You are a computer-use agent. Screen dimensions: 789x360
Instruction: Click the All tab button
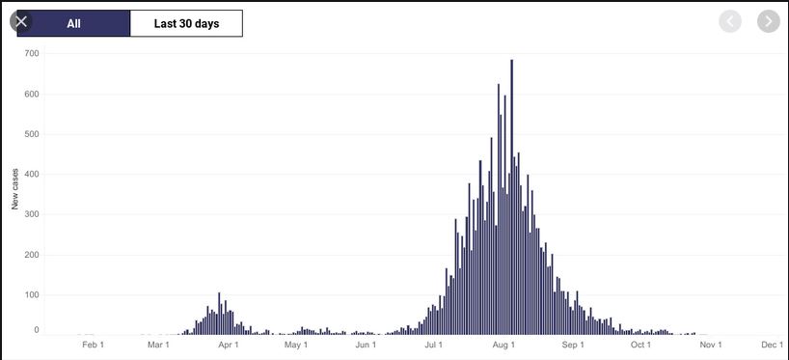(73, 24)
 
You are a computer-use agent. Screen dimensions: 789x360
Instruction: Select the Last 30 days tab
(186, 24)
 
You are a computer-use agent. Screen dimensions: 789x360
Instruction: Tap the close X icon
(21, 21)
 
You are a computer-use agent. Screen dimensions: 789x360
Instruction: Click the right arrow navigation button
(769, 21)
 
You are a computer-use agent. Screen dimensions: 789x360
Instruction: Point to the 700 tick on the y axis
(32, 53)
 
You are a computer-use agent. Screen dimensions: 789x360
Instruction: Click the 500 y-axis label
(32, 134)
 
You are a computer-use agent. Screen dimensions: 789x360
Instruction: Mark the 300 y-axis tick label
(32, 215)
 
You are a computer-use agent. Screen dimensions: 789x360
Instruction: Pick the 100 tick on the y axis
(32, 295)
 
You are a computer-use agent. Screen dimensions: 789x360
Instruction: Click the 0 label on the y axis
(37, 330)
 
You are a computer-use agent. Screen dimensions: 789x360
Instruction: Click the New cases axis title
(15, 189)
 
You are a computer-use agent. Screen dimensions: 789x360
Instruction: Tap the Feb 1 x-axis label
(94, 345)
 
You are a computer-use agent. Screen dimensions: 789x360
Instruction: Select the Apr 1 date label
(228, 345)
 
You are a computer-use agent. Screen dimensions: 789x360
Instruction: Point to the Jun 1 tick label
(366, 345)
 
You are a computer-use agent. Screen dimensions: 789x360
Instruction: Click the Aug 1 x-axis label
(503, 345)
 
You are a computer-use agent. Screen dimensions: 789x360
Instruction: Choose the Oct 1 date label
(641, 345)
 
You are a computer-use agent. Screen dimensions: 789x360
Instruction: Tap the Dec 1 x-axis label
(773, 345)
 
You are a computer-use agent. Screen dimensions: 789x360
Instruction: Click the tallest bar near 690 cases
(512, 197)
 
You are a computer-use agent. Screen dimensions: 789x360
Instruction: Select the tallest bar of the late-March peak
(219, 313)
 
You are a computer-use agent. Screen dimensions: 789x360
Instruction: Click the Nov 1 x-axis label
(711, 345)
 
